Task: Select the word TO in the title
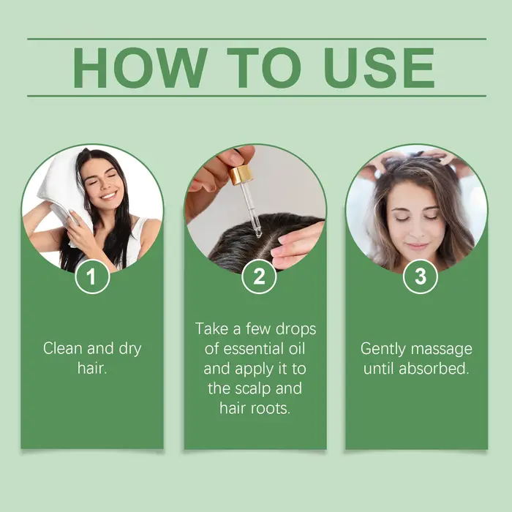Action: tap(264, 68)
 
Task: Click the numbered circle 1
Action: tap(92, 276)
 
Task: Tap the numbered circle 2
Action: tap(259, 276)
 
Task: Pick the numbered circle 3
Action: tap(421, 276)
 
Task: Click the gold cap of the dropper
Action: tap(241, 175)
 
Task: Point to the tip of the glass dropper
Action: tap(258, 235)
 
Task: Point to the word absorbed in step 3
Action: tap(434, 369)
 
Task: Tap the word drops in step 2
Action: tap(296, 329)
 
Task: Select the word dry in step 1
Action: tap(130, 350)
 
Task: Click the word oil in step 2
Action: tap(297, 349)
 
